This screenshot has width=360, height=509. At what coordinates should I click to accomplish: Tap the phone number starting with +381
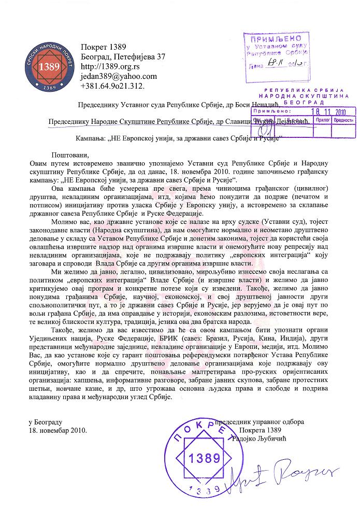point(113,85)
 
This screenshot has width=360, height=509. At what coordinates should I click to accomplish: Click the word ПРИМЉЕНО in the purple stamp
point(273,39)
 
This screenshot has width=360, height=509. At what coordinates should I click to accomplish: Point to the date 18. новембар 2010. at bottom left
point(58,430)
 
